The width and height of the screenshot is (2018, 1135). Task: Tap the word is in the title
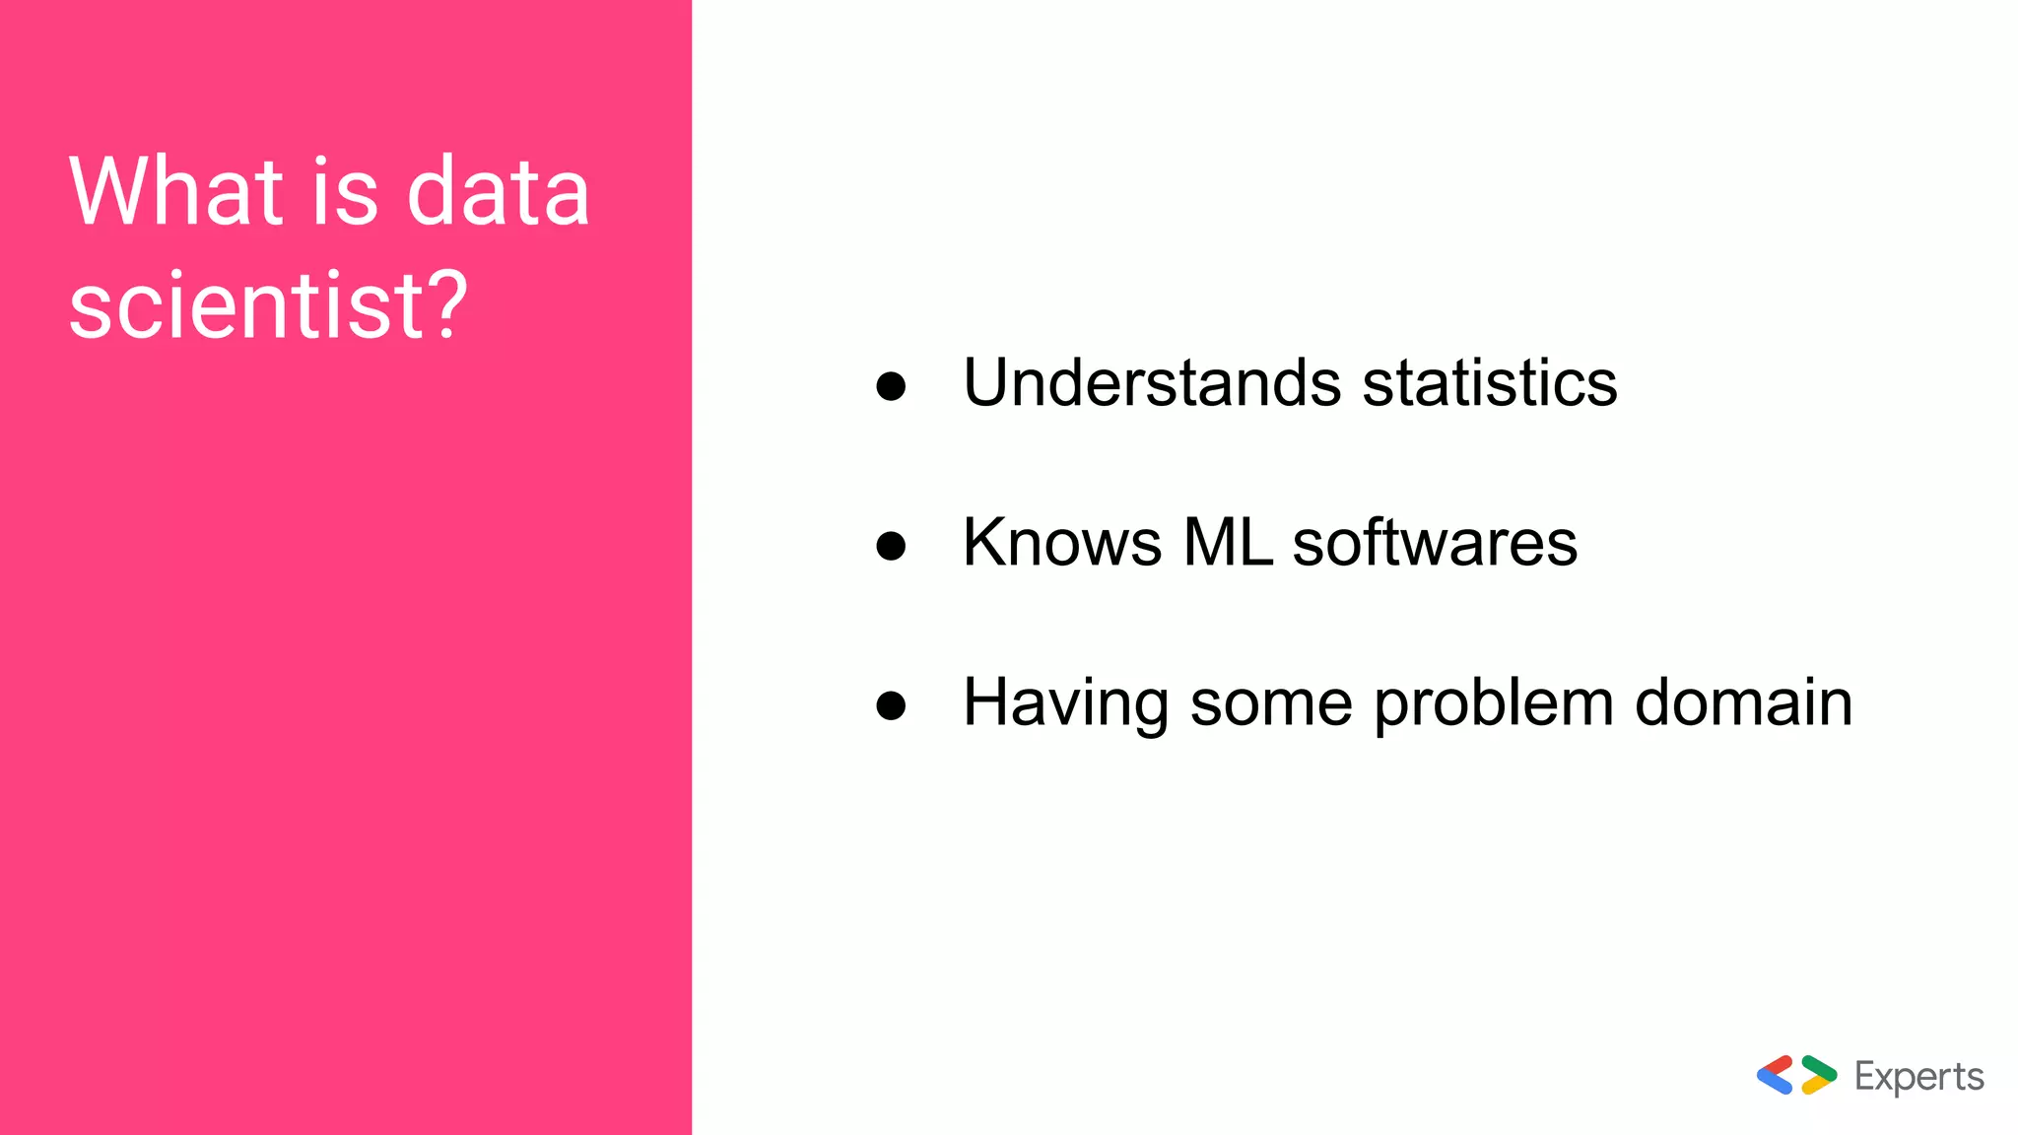[x=345, y=191]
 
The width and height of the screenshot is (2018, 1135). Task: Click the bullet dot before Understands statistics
[x=891, y=385]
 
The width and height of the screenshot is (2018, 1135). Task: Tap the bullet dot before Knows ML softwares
[x=891, y=545]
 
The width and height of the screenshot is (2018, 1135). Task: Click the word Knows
[x=1062, y=542]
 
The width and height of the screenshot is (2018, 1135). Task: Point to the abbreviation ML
[x=1228, y=542]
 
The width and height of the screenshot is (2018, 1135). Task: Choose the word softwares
[x=1435, y=542]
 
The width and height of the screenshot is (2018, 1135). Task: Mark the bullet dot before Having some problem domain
[x=891, y=705]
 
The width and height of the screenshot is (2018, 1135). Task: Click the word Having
[x=1065, y=703]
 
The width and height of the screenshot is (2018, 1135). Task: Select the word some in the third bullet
[x=1271, y=703]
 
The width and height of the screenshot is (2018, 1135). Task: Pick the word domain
[x=1743, y=702]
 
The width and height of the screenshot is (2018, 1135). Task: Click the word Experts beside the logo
[x=1918, y=1077]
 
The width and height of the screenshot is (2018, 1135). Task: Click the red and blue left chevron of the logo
[x=1776, y=1075]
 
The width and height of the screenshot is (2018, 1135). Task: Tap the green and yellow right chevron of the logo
[x=1819, y=1075]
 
